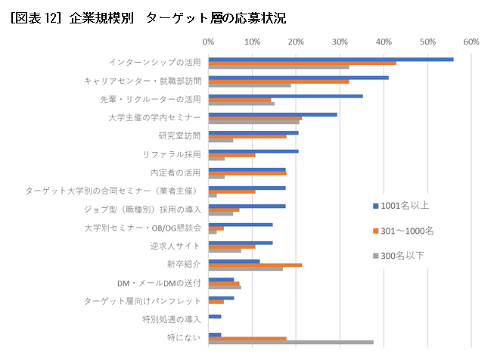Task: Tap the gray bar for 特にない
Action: pos(290,342)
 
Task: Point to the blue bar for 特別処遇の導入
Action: pos(215,316)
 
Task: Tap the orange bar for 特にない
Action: pos(247,338)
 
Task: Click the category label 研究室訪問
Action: pos(179,136)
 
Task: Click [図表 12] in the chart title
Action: pos(35,17)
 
